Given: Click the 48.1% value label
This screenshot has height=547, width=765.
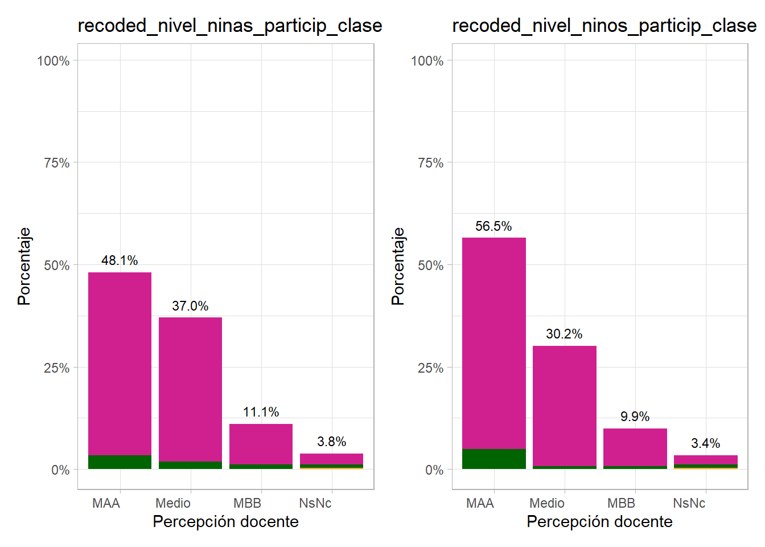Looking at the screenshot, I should (x=120, y=260).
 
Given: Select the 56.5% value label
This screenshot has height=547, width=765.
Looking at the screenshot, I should (x=493, y=226).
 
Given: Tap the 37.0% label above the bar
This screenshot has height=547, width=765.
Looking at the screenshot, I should (x=190, y=306).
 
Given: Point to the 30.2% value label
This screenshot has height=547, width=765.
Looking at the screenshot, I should (x=564, y=334).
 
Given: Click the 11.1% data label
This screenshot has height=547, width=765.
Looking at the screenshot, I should (x=261, y=412).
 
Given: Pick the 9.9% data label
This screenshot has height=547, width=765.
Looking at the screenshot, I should (x=635, y=417).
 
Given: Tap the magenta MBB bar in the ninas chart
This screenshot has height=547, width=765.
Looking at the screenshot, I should (x=261, y=444).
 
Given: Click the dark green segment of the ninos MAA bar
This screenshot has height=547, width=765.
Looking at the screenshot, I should (x=493, y=459).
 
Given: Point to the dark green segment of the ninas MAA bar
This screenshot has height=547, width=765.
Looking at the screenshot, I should (x=120, y=462).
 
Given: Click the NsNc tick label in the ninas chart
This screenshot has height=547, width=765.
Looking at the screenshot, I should (x=315, y=503).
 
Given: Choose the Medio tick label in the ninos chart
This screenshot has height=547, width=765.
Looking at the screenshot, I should (x=546, y=503).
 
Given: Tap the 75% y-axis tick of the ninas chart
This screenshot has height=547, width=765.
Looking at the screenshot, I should (x=56, y=163).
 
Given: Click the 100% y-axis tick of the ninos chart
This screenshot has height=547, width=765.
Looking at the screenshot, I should (x=427, y=61).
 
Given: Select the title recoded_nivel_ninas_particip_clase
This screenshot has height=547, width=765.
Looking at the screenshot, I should (x=229, y=26).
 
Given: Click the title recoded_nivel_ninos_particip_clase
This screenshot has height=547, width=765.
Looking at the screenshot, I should (x=604, y=26).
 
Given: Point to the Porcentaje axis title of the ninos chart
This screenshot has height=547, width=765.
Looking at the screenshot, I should (x=398, y=266).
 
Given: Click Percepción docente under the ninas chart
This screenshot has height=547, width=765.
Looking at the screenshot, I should (x=225, y=521).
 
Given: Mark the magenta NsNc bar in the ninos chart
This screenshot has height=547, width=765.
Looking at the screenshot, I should (x=705, y=460).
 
